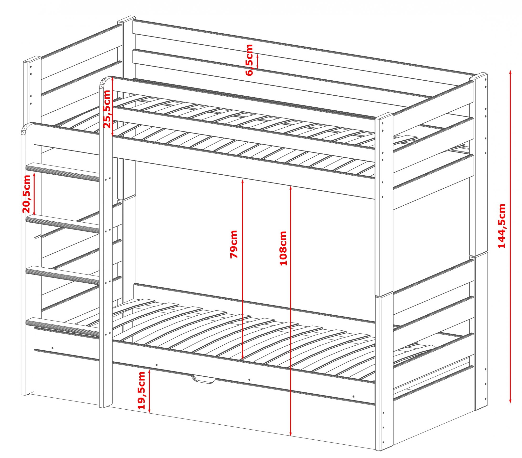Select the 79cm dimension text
coord(234,244)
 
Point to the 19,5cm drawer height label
coord(141,390)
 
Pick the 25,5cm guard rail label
coord(107,109)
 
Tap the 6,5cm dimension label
coord(249,60)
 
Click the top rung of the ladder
coord(63,172)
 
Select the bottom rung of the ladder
coord(63,327)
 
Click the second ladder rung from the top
coord(63,224)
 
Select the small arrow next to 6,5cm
coord(258,61)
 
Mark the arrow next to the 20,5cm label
coord(34,194)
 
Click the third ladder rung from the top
coord(63,276)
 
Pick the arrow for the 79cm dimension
coord(242,269)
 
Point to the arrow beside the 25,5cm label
coord(112,107)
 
